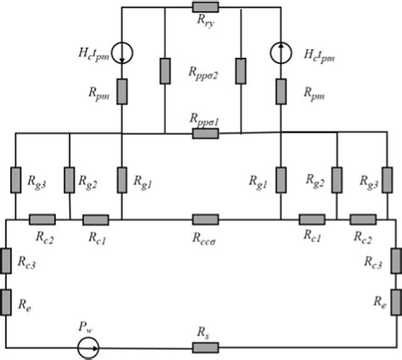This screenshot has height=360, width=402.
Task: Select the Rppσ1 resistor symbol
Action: tap(205, 133)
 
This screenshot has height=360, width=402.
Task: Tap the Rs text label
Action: tap(204, 334)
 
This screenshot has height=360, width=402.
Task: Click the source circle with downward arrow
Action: tap(123, 52)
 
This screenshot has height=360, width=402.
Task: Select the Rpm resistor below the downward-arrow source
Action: tap(123, 91)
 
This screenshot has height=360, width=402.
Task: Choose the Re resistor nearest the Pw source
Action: tap(7, 299)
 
